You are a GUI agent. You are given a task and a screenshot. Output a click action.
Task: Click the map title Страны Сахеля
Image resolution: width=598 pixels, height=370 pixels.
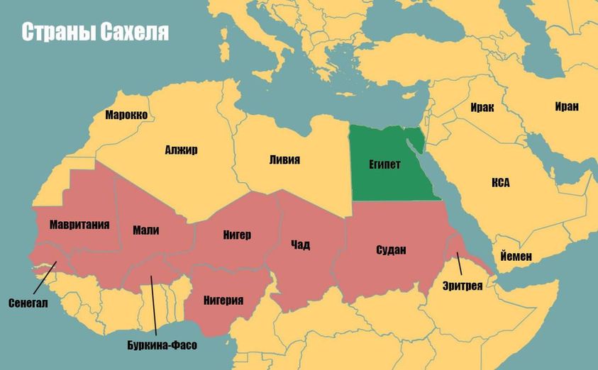94,33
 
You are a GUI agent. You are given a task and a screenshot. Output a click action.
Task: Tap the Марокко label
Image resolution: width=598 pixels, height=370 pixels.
126,114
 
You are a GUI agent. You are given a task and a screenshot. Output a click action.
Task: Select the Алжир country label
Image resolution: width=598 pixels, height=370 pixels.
181,150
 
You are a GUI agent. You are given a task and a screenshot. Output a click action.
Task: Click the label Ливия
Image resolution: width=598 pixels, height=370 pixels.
284,159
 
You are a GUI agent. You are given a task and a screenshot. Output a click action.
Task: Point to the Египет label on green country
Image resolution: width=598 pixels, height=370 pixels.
384,164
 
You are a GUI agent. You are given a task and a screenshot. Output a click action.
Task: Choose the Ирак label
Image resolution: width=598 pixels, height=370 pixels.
482,108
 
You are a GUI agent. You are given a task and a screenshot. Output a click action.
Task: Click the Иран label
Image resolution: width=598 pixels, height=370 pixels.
567,106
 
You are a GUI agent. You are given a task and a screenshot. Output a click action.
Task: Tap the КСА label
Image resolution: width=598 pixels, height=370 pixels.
500,183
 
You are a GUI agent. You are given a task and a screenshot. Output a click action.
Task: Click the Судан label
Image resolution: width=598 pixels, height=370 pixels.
391,249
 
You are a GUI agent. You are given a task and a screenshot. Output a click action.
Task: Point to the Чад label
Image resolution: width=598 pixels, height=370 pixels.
300,245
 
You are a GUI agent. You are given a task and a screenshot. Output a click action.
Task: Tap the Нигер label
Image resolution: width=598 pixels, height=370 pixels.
238,235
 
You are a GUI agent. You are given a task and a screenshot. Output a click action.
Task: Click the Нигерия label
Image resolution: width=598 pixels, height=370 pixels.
223,299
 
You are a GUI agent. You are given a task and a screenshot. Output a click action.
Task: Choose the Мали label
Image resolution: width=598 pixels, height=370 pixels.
145,230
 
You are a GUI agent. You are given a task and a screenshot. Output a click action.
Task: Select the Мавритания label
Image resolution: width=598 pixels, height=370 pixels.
79,225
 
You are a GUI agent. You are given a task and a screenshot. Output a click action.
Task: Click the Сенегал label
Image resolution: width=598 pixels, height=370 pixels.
28,303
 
